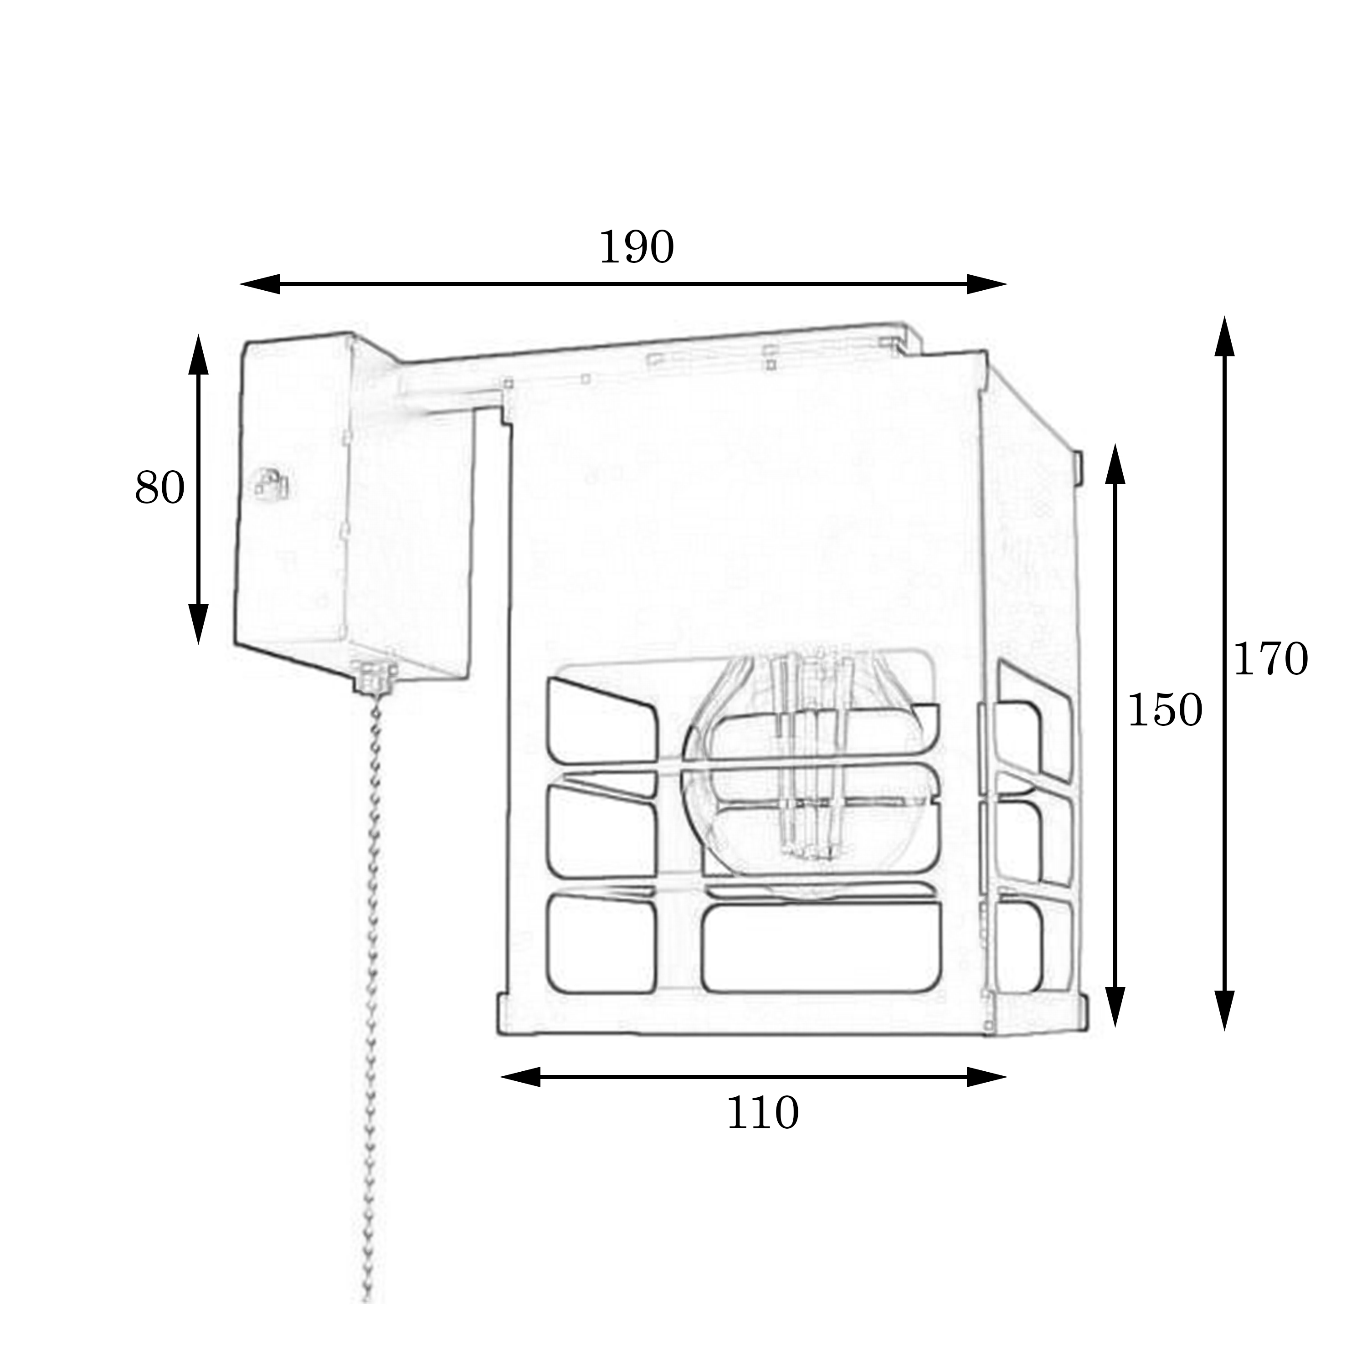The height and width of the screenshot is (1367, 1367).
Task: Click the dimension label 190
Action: pyautogui.click(x=636, y=247)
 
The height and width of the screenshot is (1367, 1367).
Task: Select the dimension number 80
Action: pyautogui.click(x=160, y=488)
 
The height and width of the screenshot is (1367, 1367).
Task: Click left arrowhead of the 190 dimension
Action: pyautogui.click(x=260, y=284)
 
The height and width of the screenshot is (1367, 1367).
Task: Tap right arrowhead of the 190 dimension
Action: pyautogui.click(x=987, y=284)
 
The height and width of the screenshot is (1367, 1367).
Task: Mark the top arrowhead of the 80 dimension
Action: pyautogui.click(x=198, y=354)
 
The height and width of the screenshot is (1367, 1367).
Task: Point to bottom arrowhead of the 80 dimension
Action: pyautogui.click(x=198, y=625)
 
